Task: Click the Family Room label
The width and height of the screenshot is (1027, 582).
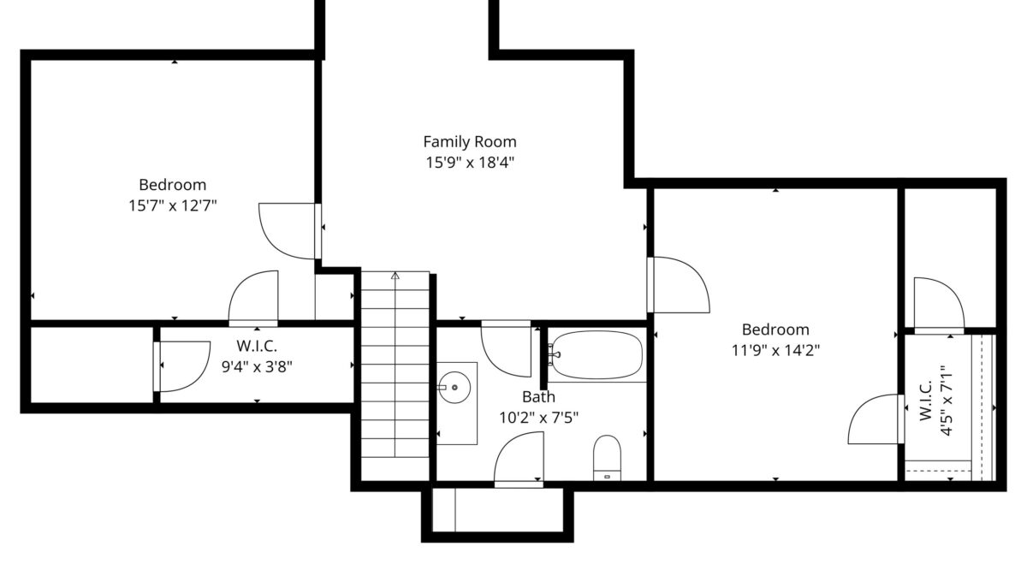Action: click(470, 142)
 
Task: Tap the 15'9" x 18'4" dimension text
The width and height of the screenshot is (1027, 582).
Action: click(470, 163)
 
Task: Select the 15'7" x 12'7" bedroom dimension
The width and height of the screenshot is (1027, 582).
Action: click(172, 205)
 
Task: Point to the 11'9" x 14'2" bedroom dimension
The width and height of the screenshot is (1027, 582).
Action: click(775, 350)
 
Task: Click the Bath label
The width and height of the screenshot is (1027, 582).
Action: click(538, 397)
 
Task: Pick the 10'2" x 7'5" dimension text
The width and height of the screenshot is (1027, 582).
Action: click(538, 418)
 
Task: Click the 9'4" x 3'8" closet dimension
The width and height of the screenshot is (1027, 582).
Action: click(257, 367)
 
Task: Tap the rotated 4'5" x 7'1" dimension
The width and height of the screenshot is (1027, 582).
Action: click(947, 401)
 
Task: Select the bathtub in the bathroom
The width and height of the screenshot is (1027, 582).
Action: click(597, 354)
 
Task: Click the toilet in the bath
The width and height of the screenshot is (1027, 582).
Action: click(607, 458)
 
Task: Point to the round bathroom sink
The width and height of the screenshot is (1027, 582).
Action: click(454, 388)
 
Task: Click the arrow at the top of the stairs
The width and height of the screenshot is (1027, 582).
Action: click(395, 276)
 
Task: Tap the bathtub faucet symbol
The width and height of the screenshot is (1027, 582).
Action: click(554, 354)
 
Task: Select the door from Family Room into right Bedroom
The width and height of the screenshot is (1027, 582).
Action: click(679, 285)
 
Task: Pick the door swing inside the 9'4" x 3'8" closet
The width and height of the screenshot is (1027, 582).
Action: click(182, 366)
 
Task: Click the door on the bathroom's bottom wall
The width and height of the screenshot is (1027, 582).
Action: click(519, 459)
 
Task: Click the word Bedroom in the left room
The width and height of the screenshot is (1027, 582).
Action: click(172, 185)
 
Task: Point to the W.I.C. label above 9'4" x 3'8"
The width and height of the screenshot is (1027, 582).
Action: click(257, 346)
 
